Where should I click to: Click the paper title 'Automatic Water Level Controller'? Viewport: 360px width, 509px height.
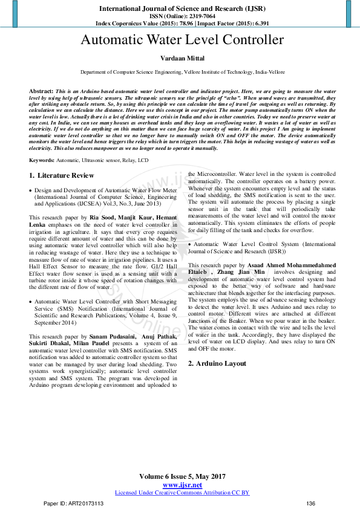(182, 41)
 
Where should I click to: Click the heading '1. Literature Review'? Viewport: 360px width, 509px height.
(62, 175)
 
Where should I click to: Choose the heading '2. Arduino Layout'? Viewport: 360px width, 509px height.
(217, 363)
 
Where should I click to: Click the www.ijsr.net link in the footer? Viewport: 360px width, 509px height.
(182, 485)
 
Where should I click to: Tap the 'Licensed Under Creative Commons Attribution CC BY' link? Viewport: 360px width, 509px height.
(182, 493)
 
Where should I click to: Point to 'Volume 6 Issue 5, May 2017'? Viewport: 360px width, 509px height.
(182, 478)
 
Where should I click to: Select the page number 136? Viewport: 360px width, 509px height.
(311, 504)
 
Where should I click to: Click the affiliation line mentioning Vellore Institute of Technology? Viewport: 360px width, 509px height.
(182, 71)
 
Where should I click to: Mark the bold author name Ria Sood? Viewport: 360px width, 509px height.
(102, 216)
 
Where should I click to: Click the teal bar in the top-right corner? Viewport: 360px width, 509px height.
(349, 12)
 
